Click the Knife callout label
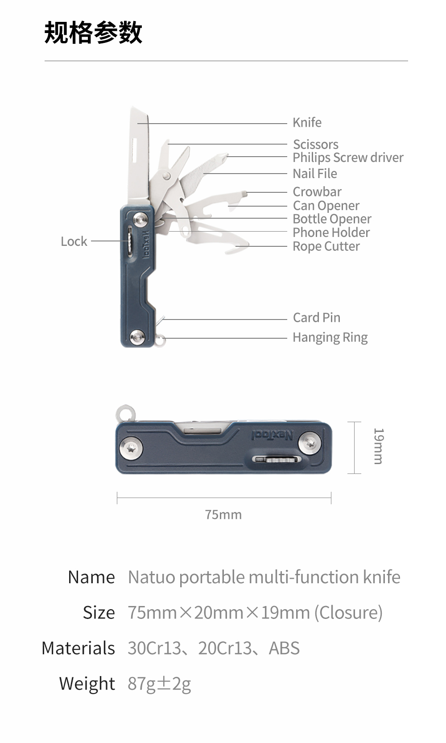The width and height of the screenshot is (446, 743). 307,123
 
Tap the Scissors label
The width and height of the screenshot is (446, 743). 315,145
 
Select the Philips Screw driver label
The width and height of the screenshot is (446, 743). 348,158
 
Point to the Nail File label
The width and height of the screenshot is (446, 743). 314,174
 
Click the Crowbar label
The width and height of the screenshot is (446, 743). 317,192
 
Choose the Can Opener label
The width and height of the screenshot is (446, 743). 326,206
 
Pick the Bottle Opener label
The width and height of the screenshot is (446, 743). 332,219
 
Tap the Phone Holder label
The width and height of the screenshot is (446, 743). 331,232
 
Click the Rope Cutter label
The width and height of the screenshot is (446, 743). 326,246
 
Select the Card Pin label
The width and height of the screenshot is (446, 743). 316,318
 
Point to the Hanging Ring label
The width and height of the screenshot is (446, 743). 330,337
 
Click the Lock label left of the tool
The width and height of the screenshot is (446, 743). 74,241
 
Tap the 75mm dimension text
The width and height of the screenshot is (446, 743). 223,515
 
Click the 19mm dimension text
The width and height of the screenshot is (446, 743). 378,446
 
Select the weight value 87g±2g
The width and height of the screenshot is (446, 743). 159,684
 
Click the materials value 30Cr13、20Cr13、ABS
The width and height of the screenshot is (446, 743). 213,648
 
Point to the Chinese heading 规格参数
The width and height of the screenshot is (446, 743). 93,33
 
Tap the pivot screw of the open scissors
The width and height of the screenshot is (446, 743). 168,175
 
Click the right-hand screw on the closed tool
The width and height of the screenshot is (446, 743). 310,443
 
